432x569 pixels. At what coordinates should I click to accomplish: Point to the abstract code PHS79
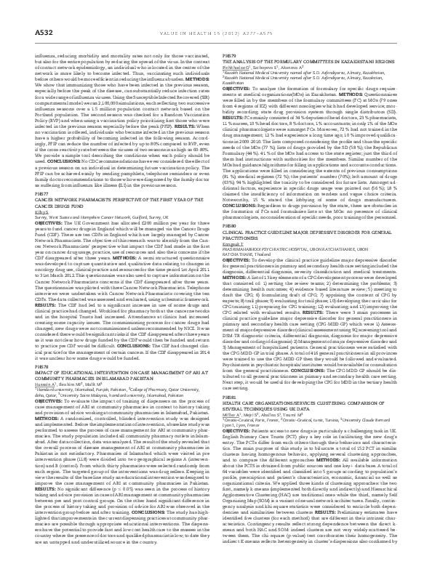(228, 55)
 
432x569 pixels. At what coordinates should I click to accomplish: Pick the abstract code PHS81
(228, 418)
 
